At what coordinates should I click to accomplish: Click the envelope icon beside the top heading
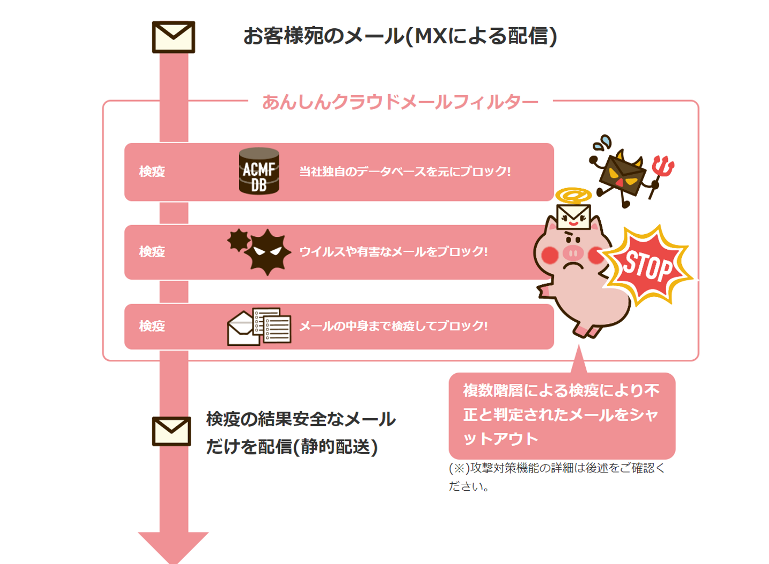point(174,37)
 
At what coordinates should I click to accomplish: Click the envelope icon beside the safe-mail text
point(171,431)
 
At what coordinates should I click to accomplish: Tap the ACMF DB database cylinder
point(259,171)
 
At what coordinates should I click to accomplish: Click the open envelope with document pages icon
point(259,327)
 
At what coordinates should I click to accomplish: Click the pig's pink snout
point(573,253)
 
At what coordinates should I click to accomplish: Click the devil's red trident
point(661,176)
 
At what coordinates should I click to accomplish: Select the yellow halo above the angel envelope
point(574,195)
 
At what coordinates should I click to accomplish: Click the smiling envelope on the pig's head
point(574,217)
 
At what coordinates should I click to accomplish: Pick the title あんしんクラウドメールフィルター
point(401,103)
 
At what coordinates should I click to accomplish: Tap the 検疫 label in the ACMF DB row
point(152,172)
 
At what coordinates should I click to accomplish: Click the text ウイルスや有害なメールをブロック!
point(394,252)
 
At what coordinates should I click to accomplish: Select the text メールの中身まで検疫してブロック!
point(394,326)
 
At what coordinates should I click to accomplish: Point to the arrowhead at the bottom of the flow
point(174,548)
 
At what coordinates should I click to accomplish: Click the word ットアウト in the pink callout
point(500,439)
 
